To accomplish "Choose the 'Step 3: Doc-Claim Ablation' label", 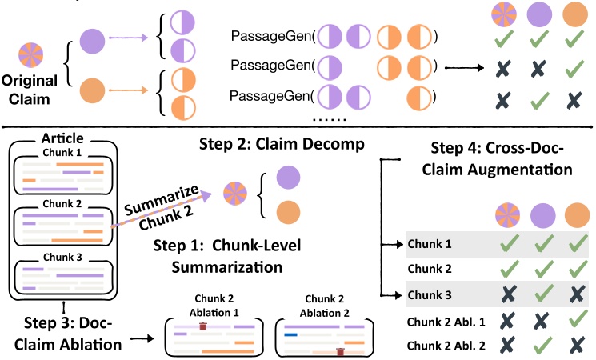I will tap(69, 334).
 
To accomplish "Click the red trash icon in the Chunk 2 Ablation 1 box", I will tap(203, 326).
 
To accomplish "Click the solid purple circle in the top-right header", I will tap(546, 15).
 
